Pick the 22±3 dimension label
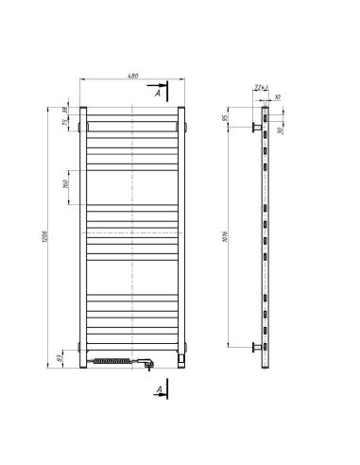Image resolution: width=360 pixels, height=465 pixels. (x=260, y=88)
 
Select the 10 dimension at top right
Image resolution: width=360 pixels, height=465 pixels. (x=279, y=96)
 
